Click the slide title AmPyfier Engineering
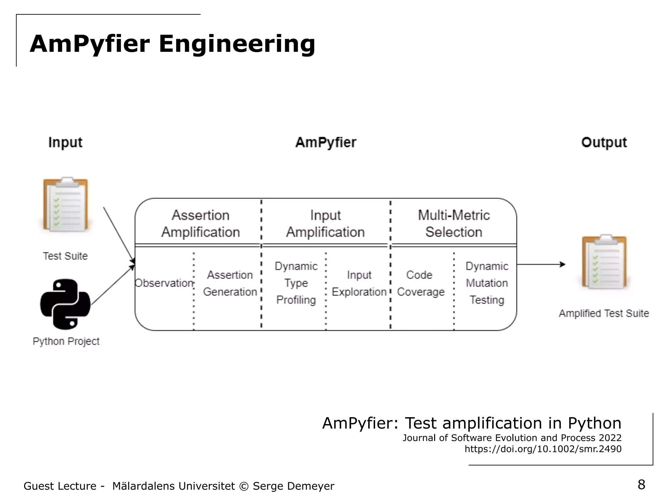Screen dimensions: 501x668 pyautogui.click(x=172, y=44)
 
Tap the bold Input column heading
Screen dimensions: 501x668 pyautogui.click(x=65, y=143)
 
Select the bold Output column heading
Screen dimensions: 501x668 pyautogui.click(x=604, y=143)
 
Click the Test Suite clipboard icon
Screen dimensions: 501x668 pyautogui.click(x=66, y=205)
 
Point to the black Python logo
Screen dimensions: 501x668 pyautogui.click(x=65, y=304)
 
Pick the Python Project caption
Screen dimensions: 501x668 pyautogui.click(x=66, y=341)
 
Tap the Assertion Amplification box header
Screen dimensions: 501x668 pyautogui.click(x=201, y=224)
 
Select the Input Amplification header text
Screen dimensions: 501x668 pyautogui.click(x=325, y=224)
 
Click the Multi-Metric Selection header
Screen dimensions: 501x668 pyautogui.click(x=454, y=224)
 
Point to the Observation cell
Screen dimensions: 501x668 pyautogui.click(x=164, y=283)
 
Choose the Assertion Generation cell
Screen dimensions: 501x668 pyautogui.click(x=230, y=283)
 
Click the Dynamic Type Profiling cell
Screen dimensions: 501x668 pyautogui.click(x=296, y=283)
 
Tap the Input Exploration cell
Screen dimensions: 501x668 pyautogui.click(x=359, y=283)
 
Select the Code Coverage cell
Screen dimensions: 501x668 pyautogui.click(x=420, y=283)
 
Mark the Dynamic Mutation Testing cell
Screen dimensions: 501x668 pyautogui.click(x=487, y=283)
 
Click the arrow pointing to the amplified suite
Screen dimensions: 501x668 pyautogui.click(x=541, y=264)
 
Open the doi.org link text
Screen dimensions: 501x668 pyautogui.click(x=543, y=449)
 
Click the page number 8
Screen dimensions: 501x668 pyautogui.click(x=641, y=485)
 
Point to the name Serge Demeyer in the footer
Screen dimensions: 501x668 pyautogui.click(x=293, y=486)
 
